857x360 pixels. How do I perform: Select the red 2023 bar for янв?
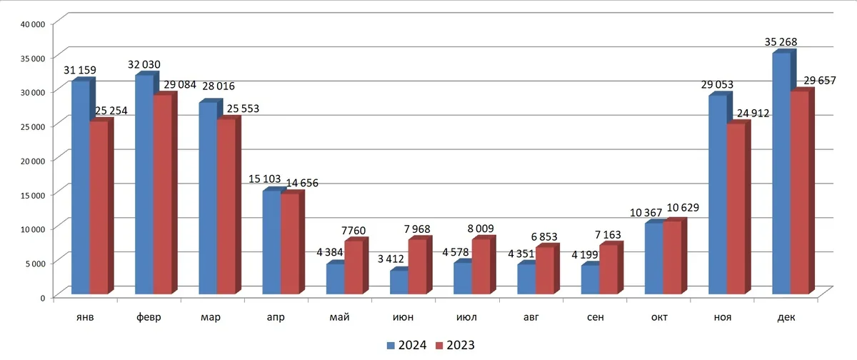[x=99, y=207]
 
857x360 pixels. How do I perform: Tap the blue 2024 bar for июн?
[x=399, y=281]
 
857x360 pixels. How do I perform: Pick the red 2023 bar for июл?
[x=481, y=266]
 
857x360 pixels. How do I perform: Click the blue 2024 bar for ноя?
[x=718, y=194]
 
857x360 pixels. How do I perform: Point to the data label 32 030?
[x=146, y=64]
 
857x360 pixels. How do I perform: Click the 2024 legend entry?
[x=407, y=346]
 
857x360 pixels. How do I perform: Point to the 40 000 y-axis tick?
[x=32, y=24]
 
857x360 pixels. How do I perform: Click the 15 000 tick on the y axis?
[x=32, y=194]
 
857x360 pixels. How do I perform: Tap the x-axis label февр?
[x=149, y=316]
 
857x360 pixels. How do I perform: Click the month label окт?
[x=658, y=316]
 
